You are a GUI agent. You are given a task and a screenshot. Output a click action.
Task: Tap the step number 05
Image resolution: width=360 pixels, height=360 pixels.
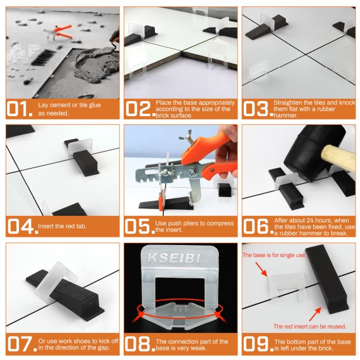coord(138,225)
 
